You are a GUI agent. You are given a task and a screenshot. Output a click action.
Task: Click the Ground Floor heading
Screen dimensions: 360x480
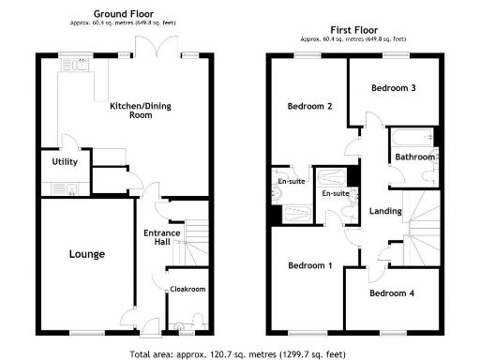tap(124, 15)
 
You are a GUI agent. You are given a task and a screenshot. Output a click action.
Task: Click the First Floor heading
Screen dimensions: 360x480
tap(352, 30)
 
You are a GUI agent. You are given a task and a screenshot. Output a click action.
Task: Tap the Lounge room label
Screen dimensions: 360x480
tap(86, 254)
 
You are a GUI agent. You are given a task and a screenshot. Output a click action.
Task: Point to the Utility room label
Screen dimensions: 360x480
tap(65, 162)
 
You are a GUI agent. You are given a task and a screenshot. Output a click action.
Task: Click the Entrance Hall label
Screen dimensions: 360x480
tap(159, 238)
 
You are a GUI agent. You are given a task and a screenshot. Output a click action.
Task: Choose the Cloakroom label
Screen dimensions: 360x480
tap(187, 290)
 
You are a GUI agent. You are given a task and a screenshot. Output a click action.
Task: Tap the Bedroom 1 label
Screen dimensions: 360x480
tap(309, 266)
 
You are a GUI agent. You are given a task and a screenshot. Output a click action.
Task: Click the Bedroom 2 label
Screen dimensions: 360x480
tap(309, 106)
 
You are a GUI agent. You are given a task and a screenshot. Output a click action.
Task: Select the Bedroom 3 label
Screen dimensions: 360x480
tap(393, 88)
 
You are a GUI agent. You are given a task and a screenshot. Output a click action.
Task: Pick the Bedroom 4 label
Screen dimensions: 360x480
tap(391, 293)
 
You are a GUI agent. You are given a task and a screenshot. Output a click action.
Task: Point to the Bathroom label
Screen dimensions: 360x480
tap(414, 157)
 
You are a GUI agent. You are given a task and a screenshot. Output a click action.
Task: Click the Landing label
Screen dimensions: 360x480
tap(384, 211)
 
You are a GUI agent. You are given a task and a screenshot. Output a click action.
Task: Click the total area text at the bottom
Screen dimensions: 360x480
tap(240, 354)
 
